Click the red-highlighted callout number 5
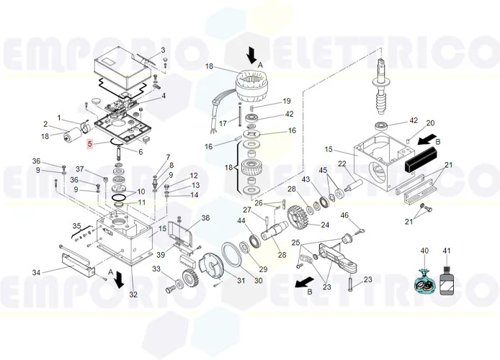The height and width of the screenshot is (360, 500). pyautogui.click(x=89, y=145)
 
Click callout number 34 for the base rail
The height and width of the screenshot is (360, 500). pyautogui.click(x=35, y=271)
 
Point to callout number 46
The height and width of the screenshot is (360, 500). pyautogui.click(x=344, y=215)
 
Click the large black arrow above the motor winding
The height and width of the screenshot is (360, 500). pyautogui.click(x=251, y=54)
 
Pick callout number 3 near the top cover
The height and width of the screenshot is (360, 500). pyautogui.click(x=163, y=50)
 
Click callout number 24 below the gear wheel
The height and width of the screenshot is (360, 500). pyautogui.click(x=325, y=225)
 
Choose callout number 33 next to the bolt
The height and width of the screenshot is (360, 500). pyautogui.click(x=156, y=269)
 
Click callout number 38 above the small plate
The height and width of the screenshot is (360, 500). pyautogui.click(x=205, y=218)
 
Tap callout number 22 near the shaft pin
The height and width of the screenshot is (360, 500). pyautogui.click(x=342, y=163)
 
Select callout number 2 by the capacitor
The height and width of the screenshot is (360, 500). pyautogui.click(x=45, y=124)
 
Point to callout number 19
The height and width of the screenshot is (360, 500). pyautogui.click(x=266, y=101)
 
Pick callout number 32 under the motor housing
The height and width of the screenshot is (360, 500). pyautogui.click(x=133, y=294)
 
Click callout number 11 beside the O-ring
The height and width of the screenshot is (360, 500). pyautogui.click(x=141, y=203)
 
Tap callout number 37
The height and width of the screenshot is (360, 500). pyautogui.click(x=81, y=169)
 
